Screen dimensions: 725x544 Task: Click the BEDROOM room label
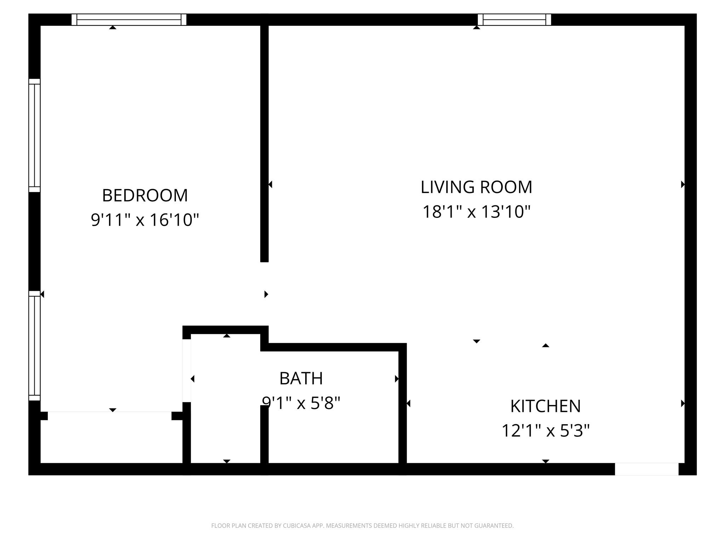[x=145, y=195]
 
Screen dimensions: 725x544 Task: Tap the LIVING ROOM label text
[x=476, y=187]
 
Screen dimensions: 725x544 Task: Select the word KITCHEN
[x=546, y=406]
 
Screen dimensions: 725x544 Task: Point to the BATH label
[x=301, y=378]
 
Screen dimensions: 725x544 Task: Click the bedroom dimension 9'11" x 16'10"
[x=145, y=220]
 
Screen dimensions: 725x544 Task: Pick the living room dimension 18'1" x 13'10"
[x=476, y=211]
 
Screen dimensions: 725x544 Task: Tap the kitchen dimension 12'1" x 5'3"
[x=546, y=431]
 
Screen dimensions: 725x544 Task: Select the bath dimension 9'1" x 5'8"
[x=301, y=403]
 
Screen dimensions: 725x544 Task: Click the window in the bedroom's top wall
[x=129, y=19]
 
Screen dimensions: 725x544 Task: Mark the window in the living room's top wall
[x=514, y=19]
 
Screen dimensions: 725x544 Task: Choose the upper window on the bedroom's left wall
[x=34, y=135]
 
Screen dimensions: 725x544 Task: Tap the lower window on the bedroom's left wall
[x=34, y=346]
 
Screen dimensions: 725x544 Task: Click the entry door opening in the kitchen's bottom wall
[x=647, y=469]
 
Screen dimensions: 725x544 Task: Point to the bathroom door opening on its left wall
[x=187, y=370]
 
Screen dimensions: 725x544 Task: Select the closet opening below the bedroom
[x=110, y=416]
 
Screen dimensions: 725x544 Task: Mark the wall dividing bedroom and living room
[x=264, y=143]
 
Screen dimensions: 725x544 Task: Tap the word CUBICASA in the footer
[x=297, y=526]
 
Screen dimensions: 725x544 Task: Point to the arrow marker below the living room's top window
[x=476, y=27]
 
